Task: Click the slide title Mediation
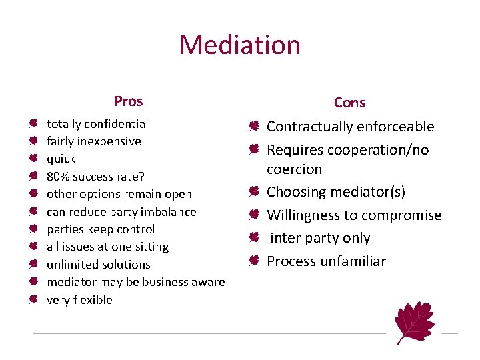point(240,45)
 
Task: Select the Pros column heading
point(128,101)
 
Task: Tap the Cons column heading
point(349,103)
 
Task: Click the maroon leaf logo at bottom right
point(414,321)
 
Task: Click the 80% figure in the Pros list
point(57,177)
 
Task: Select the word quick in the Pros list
point(61,159)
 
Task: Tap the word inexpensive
point(108,141)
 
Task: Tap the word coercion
point(294,169)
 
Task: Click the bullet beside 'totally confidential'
point(33,124)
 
